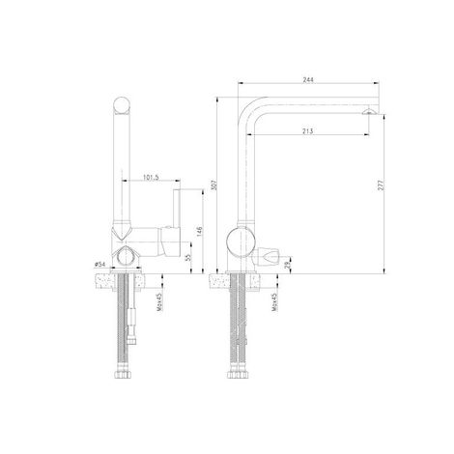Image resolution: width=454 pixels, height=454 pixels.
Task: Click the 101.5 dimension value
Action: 152,177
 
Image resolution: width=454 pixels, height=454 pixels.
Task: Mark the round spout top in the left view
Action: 124,104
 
